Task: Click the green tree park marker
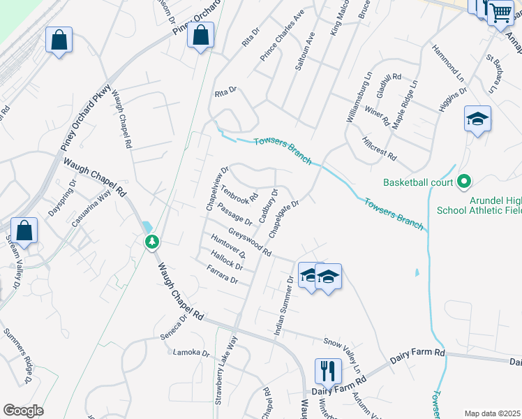tap(152, 242)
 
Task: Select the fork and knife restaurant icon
tap(328, 370)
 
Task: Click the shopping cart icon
tap(500, 13)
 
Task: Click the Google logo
tap(23, 411)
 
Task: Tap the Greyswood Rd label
tap(249, 241)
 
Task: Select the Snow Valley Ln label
tap(343, 355)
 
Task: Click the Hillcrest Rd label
tap(380, 147)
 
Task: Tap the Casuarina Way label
tap(92, 208)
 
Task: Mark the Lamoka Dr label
tap(191, 353)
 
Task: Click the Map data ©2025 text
tap(493, 413)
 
